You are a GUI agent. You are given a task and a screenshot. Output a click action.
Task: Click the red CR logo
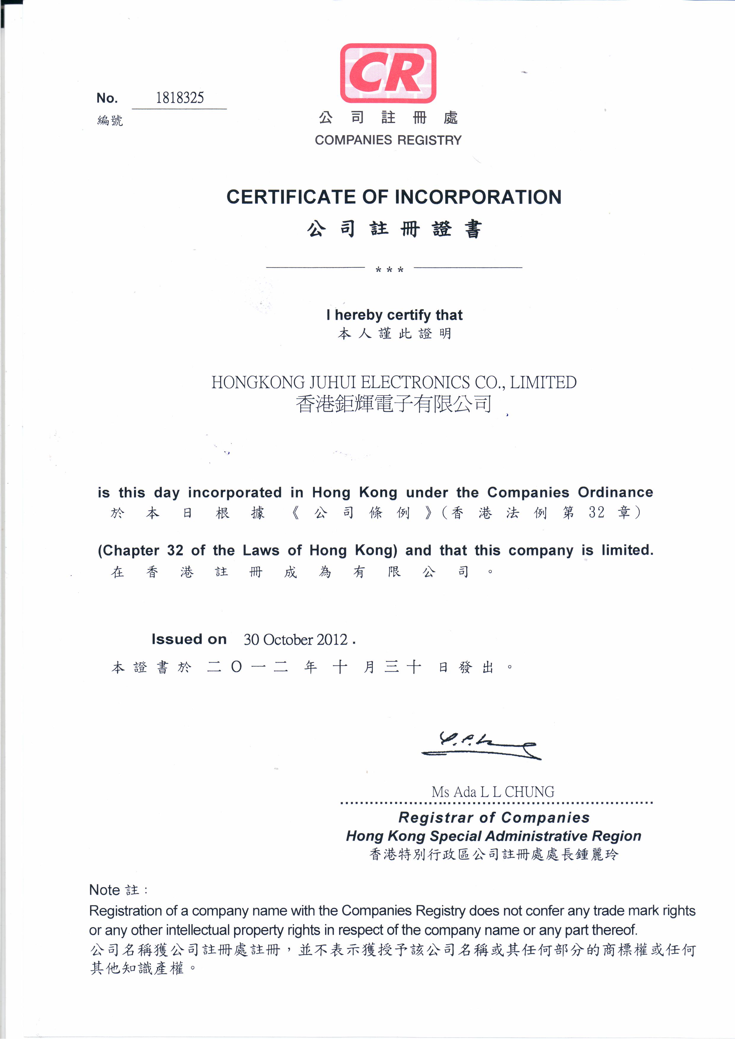pos(388,74)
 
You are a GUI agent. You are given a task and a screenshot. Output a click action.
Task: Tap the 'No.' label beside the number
pos(107,98)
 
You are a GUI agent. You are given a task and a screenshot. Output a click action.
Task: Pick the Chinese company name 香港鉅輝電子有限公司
pos(394,403)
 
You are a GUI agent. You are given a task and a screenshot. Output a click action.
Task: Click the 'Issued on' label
pos(189,639)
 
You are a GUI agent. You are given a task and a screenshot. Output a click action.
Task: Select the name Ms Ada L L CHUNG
pos(493,792)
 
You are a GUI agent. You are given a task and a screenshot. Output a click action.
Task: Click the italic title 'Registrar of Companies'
pos(494,818)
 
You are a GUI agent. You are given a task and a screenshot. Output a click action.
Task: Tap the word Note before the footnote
pos(104,890)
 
